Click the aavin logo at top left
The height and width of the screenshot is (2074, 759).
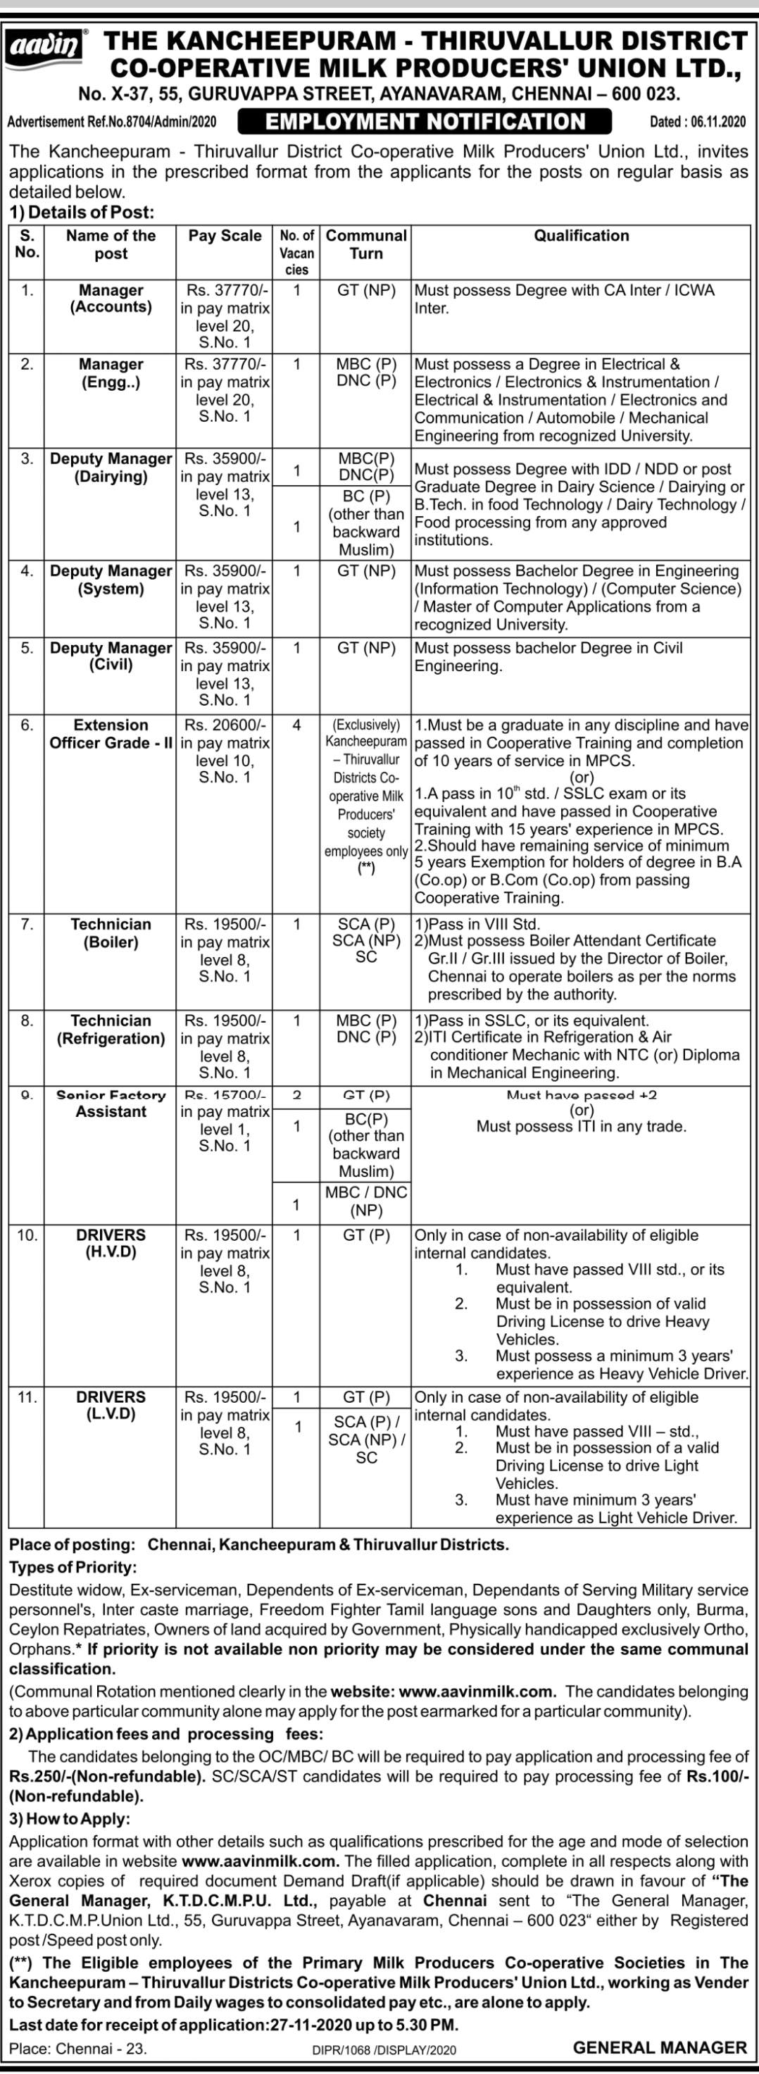[x=46, y=46]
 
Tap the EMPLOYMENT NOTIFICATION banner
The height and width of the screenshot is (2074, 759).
[x=426, y=122]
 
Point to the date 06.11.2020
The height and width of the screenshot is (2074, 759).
[x=697, y=123]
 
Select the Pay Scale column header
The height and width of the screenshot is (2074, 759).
[x=225, y=236]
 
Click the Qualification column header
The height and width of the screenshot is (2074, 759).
[x=581, y=236]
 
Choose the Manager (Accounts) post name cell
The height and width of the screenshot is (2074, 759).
[x=111, y=299]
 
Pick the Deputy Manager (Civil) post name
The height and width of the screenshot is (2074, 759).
[x=111, y=656]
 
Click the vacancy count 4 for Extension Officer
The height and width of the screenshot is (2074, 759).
[x=296, y=725]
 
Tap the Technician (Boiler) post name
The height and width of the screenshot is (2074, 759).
[x=111, y=933]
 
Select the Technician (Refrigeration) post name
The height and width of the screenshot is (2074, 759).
[x=111, y=1030]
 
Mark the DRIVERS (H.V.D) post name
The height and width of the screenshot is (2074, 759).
[x=111, y=1243]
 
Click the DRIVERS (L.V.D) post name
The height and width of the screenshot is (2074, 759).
[x=111, y=1405]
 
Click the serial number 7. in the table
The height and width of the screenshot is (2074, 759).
[x=27, y=924]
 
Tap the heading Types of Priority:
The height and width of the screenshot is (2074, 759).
[x=73, y=1568]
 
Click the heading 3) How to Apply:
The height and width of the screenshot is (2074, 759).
[x=69, y=1819]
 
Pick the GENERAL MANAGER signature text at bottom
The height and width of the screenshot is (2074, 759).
[x=660, y=2047]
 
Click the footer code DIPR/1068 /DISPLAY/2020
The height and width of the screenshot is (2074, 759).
[x=384, y=2050]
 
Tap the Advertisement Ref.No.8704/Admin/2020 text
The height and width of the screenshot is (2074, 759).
[x=112, y=123]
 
